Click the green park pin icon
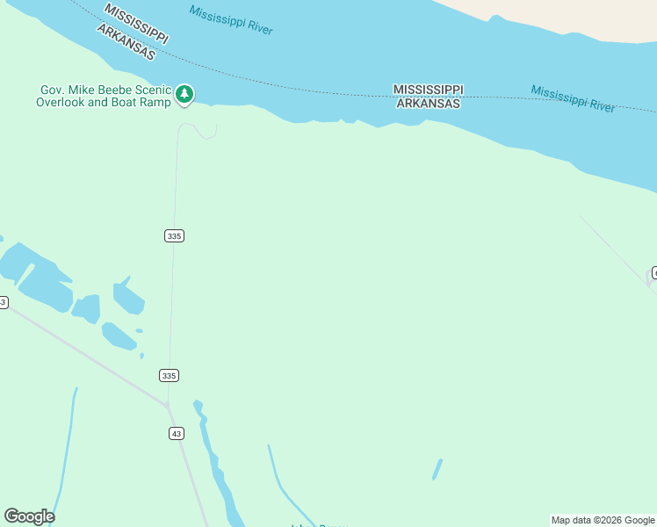point(184,94)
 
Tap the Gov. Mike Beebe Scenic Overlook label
point(104,96)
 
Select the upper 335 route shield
point(174,235)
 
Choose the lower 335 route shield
point(170,375)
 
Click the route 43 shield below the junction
point(177,433)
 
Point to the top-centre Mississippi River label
point(231,20)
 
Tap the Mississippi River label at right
point(573,98)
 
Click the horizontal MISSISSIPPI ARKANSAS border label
point(428,97)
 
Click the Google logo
point(29,516)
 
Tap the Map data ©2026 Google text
point(603,520)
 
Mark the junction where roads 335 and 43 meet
point(168,406)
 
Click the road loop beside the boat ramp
point(206,132)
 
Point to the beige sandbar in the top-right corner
point(571,18)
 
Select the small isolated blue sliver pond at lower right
point(437,470)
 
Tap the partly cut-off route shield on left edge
point(3,302)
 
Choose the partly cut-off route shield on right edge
point(653,272)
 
